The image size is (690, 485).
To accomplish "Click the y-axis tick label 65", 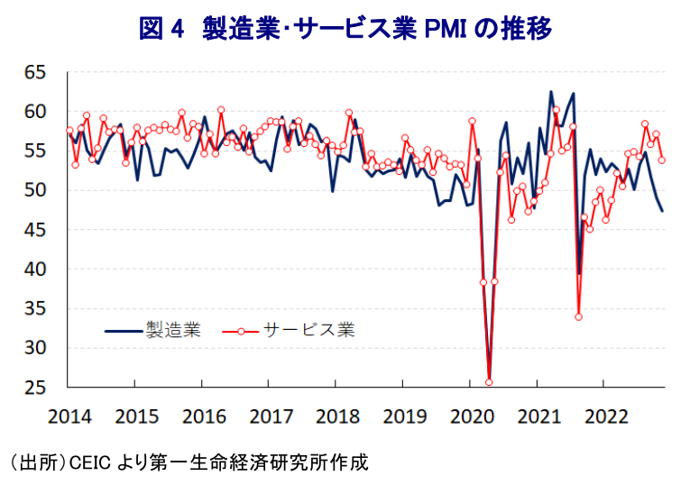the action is pyautogui.click(x=36, y=72).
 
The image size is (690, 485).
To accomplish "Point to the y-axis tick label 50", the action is pyautogui.click(x=36, y=190).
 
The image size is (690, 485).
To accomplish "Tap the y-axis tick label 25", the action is pyautogui.click(x=36, y=387).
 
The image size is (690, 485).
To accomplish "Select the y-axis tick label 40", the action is pyautogui.click(x=36, y=269).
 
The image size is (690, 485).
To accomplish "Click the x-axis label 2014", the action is pyautogui.click(x=69, y=416).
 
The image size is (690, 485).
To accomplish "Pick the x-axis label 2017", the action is pyautogui.click(x=271, y=416).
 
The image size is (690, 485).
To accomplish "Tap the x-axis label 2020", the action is pyautogui.click(x=472, y=416).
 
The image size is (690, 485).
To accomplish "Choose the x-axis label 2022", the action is pyautogui.click(x=606, y=416).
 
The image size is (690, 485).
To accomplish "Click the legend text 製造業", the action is pyautogui.click(x=173, y=329).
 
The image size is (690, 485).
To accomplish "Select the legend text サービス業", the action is pyautogui.click(x=308, y=329).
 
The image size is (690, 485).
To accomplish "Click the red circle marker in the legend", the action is pyautogui.click(x=240, y=331).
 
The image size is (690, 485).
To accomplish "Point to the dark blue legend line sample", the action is pyautogui.click(x=124, y=331).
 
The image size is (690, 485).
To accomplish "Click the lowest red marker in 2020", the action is pyautogui.click(x=489, y=382).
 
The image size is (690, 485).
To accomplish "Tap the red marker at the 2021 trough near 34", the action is pyautogui.click(x=579, y=316).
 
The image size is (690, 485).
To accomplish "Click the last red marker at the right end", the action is pyautogui.click(x=662, y=160).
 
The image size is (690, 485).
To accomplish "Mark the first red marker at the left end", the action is pyautogui.click(x=69, y=130).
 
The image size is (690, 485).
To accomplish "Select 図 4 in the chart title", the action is pyautogui.click(x=161, y=29).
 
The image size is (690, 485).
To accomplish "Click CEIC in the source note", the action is pyautogui.click(x=90, y=462).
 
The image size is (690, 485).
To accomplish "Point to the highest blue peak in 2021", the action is pyautogui.click(x=550, y=92).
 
